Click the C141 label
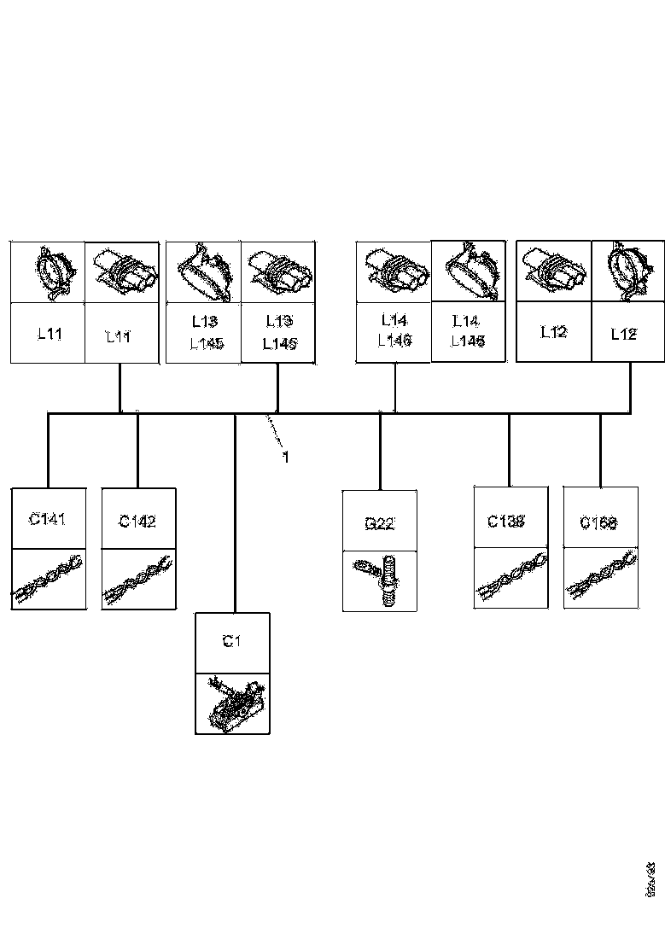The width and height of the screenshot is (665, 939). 47,518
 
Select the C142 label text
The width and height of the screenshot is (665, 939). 137,521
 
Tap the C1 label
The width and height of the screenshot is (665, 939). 230,641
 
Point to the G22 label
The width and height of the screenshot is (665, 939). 379,523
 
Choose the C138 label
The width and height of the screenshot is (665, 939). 505,521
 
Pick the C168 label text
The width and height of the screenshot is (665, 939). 598,522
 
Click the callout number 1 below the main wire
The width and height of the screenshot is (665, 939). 286,458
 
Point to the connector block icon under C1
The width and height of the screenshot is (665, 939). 231,703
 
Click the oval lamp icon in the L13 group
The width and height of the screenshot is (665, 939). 204,271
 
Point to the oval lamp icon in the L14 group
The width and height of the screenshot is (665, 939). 468,271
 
